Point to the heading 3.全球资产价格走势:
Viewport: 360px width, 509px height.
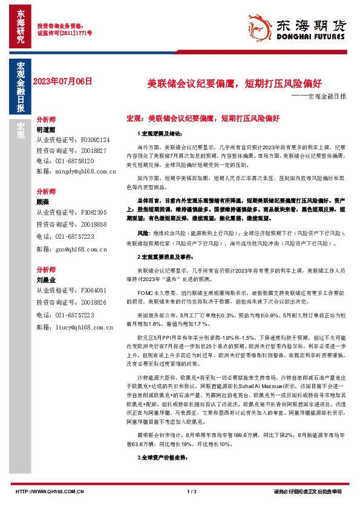155,458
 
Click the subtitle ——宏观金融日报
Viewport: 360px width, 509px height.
319,96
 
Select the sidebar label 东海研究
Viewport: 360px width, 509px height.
20,28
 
